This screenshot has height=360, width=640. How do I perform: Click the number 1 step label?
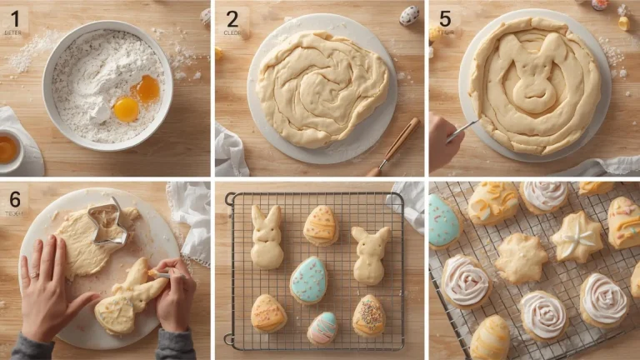[x=15, y=18]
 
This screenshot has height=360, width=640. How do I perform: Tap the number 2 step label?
[x=232, y=18]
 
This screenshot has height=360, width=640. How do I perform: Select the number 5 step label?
[x=446, y=18]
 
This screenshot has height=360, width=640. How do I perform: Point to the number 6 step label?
[x=15, y=197]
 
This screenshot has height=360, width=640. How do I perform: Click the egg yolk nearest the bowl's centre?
[x=126, y=108]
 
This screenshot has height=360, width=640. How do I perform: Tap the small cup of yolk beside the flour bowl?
[x=8, y=150]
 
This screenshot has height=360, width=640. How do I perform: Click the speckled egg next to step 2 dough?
[x=409, y=15]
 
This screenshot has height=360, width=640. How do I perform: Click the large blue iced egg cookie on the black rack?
[x=308, y=279]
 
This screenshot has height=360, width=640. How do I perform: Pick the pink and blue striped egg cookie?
[x=322, y=327]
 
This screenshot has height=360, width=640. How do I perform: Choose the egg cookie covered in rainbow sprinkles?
[x=368, y=316]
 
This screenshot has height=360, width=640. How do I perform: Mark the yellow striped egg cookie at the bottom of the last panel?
[x=490, y=338]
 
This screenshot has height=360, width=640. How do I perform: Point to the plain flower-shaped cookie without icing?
[x=521, y=258]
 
